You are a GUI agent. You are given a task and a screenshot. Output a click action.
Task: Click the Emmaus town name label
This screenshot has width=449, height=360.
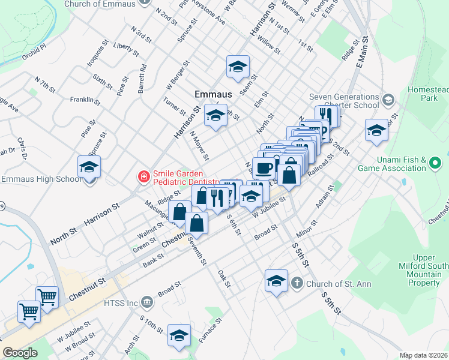pos(212,94)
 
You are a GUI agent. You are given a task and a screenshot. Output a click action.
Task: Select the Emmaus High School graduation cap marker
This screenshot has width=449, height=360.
pos(89,167)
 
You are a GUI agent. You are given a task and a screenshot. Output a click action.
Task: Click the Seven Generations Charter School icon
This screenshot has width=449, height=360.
pos(388,99)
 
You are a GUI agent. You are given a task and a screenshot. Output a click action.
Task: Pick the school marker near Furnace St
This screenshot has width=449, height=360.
pos(179,335)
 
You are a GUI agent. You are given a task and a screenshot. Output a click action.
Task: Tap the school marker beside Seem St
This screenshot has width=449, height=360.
pos(238,67)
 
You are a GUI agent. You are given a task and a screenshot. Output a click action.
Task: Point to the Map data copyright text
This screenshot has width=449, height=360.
pos(424,355)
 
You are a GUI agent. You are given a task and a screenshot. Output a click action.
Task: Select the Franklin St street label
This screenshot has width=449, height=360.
pos(85,100)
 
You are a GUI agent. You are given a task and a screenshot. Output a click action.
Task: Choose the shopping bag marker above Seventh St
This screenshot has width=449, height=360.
pos(196,223)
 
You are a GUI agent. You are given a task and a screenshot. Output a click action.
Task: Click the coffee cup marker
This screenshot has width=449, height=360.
pos(264,168)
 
